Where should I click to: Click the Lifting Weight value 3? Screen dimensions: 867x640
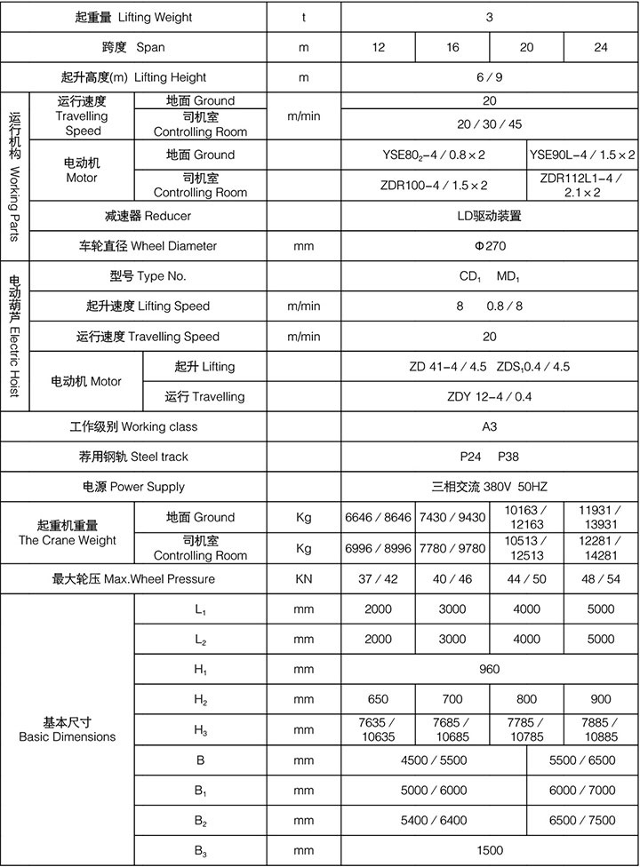pyautogui.click(x=490, y=17)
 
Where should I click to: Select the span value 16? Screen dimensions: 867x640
pyautogui.click(x=452, y=47)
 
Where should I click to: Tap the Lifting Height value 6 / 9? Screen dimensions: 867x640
pyautogui.click(x=490, y=77)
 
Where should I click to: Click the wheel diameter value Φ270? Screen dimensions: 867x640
pyautogui.click(x=490, y=245)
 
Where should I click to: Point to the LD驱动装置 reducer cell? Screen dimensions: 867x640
pyautogui.click(x=490, y=215)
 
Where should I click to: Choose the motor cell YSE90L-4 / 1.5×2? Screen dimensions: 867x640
pyautogui.click(x=582, y=155)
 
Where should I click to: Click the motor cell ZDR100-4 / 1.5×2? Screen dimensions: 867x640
pyautogui.click(x=434, y=185)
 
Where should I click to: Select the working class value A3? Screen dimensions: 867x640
pyautogui.click(x=490, y=426)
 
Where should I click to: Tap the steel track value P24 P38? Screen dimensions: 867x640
pyautogui.click(x=490, y=457)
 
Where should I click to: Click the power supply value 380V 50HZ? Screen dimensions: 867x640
pyautogui.click(x=490, y=487)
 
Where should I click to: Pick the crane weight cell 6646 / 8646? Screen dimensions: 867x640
pyautogui.click(x=379, y=517)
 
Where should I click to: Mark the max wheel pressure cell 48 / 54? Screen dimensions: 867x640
pyautogui.click(x=601, y=579)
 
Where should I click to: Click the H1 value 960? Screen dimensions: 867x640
pyautogui.click(x=490, y=669)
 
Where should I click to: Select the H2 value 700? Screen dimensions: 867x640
pyautogui.click(x=452, y=699)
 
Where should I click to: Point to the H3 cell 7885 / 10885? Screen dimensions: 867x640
pyautogui.click(x=601, y=730)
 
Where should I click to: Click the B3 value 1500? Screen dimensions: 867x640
pyautogui.click(x=490, y=850)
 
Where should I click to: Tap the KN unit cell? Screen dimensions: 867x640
pyautogui.click(x=304, y=579)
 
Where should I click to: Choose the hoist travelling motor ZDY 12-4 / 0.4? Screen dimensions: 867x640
pyautogui.click(x=490, y=396)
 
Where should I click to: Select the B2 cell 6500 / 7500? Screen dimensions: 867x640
pyautogui.click(x=582, y=820)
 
